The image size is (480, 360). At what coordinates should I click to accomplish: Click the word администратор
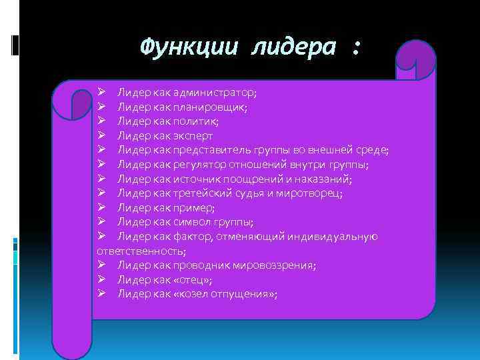click(x=213, y=92)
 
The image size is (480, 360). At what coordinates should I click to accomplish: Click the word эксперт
click(x=195, y=136)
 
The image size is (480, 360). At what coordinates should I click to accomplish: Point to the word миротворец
click(x=312, y=193)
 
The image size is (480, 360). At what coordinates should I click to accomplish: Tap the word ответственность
click(x=141, y=251)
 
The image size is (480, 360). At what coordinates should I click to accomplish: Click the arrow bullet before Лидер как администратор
click(x=101, y=92)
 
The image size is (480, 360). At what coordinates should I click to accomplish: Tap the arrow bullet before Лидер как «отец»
click(x=101, y=280)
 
